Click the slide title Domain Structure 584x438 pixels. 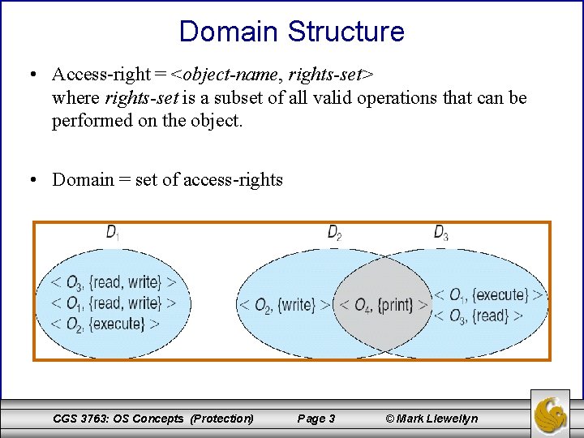[x=291, y=32]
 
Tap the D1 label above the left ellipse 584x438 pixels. [x=113, y=233]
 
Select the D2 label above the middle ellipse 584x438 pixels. [x=334, y=233]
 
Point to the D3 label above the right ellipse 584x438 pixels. [x=440, y=234]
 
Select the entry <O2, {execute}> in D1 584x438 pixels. [x=105, y=324]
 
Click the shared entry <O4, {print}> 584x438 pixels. [x=384, y=305]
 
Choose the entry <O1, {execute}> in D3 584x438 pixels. [x=488, y=294]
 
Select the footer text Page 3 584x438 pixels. [x=316, y=419]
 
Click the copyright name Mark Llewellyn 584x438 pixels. [x=437, y=419]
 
